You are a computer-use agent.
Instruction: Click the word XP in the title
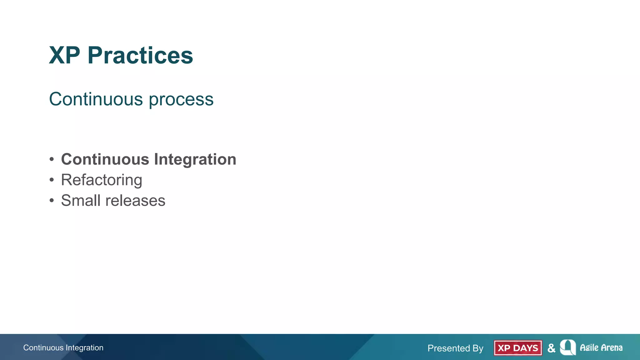click(64, 56)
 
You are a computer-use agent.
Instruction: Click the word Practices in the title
click(140, 56)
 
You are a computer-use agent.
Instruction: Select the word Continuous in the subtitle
click(96, 99)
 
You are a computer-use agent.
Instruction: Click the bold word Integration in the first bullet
click(195, 160)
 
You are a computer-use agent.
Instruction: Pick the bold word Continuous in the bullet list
click(105, 159)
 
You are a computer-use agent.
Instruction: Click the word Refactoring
click(102, 180)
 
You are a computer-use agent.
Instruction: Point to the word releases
click(135, 201)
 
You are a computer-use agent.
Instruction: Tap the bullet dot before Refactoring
click(52, 180)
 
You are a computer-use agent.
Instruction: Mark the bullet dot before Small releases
click(52, 201)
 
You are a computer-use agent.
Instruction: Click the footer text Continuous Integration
click(63, 348)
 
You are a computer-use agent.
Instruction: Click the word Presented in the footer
click(448, 348)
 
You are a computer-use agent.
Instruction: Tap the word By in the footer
click(478, 348)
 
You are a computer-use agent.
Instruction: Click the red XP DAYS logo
click(518, 348)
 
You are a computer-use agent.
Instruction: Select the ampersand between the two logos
click(551, 348)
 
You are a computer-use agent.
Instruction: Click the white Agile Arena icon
click(568, 347)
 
